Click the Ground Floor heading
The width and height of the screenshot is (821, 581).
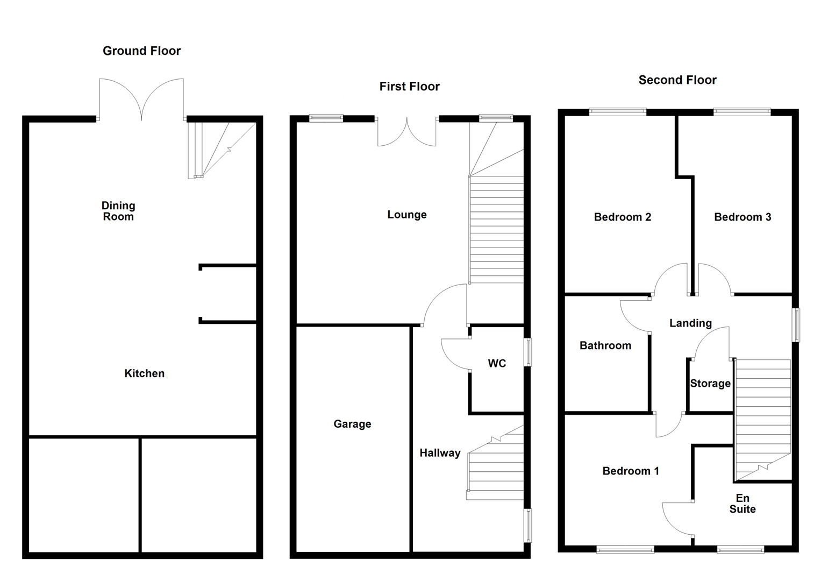coord(141,51)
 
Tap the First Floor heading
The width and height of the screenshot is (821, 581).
coord(409,87)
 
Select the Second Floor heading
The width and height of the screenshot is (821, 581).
coord(677,80)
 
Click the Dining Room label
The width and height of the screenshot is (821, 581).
coord(118,211)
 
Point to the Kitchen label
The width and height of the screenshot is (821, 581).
coord(144,373)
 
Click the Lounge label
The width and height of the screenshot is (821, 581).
coord(406,215)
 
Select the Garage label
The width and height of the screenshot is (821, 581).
coord(352,424)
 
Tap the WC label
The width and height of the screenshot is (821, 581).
coord(496,364)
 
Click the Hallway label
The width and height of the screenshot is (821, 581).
coord(440,453)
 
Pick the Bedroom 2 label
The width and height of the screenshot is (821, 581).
coord(622,217)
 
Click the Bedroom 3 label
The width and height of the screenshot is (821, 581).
coord(742,217)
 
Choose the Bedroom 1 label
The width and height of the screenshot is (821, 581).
coord(630,471)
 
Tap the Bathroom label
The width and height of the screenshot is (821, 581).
coord(605,346)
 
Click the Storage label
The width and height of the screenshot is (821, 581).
coord(710,384)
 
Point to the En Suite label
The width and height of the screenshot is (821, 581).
coord(742,504)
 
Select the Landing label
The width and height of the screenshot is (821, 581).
coord(690,323)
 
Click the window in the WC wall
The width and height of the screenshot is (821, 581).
coord(528,352)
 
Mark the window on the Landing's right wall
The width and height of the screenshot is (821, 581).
coord(796,325)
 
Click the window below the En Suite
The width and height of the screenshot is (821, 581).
coord(740,549)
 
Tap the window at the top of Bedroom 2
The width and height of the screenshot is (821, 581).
coord(617,112)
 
